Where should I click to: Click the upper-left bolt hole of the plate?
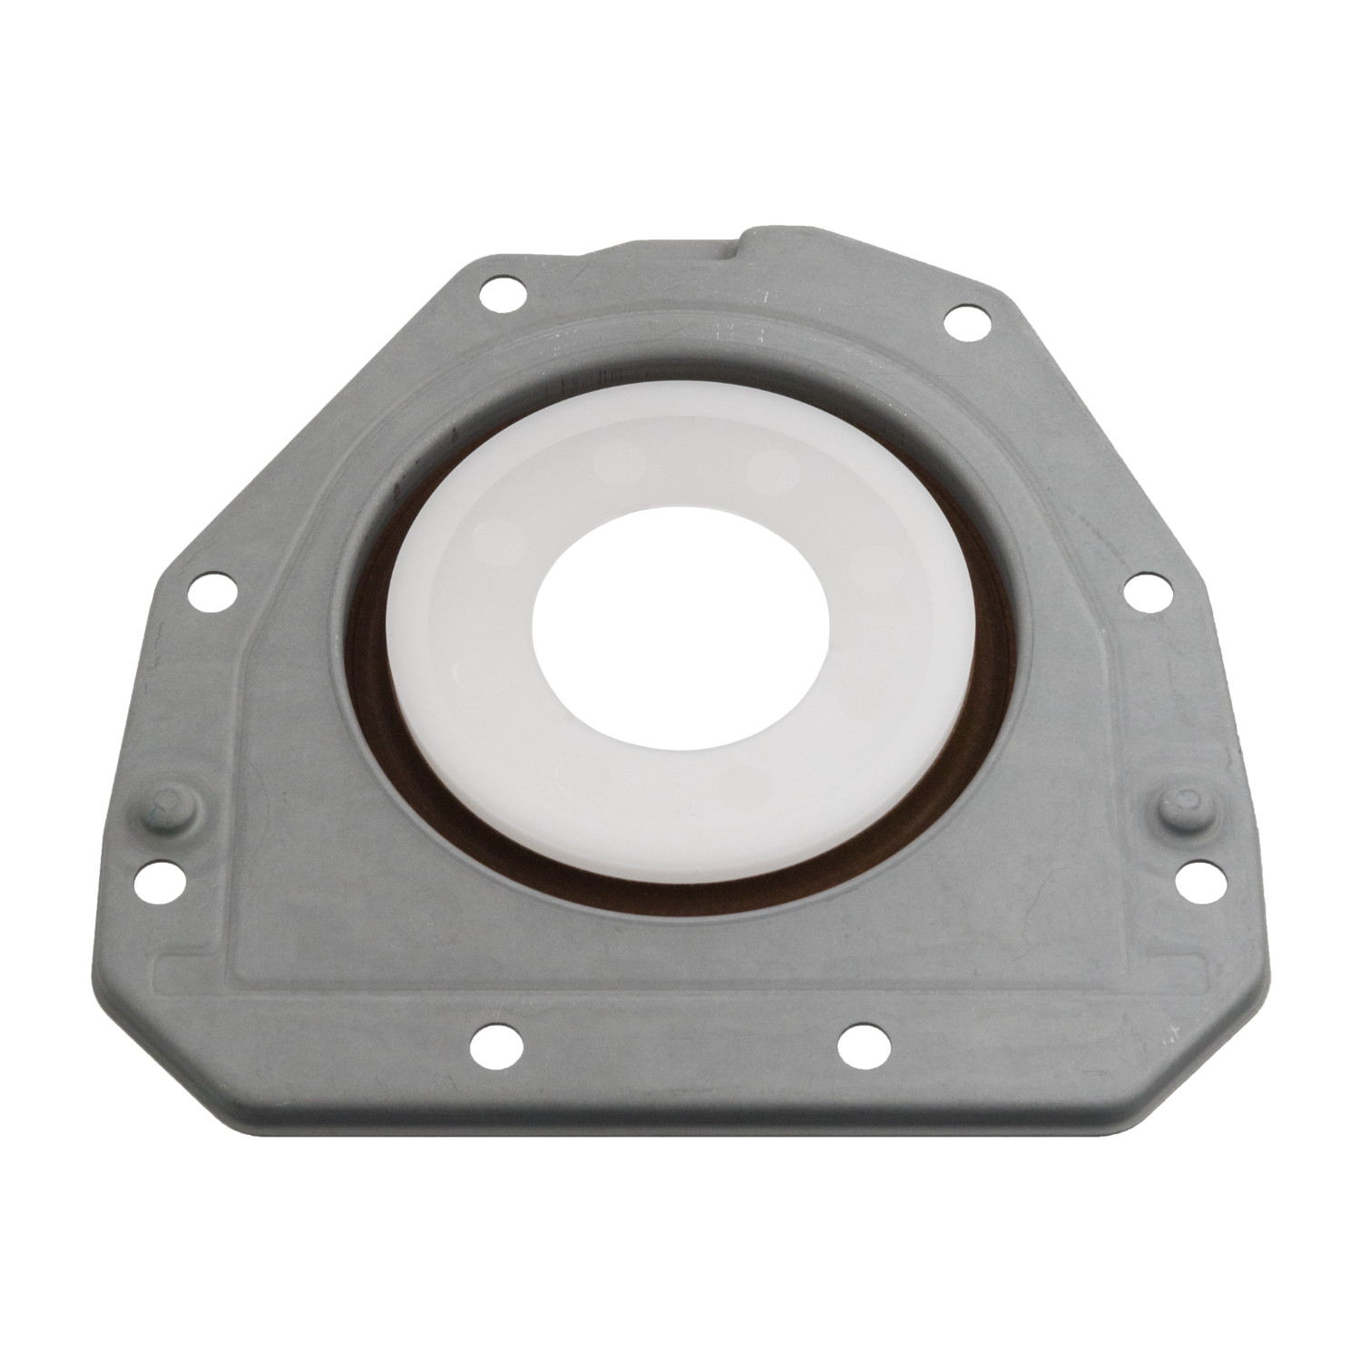pyautogui.click(x=496, y=296)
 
